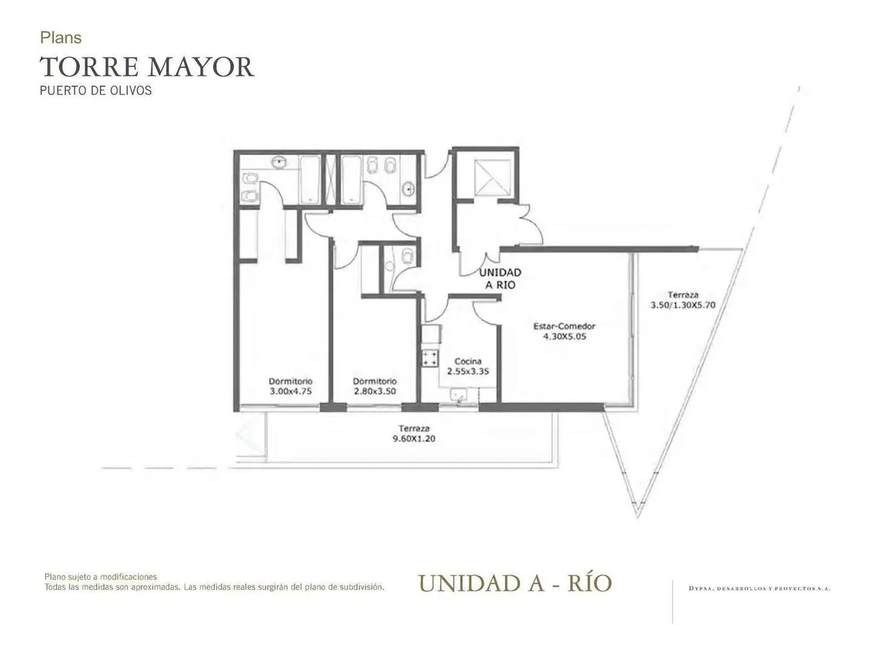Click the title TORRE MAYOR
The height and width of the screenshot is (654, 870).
click(x=147, y=67)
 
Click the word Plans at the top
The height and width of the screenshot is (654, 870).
click(x=61, y=38)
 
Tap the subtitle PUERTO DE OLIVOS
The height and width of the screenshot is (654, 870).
click(x=96, y=91)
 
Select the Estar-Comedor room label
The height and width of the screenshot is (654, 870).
click(x=564, y=326)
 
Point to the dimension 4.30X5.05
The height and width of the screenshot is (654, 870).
click(x=564, y=337)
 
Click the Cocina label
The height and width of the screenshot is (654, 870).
click(x=468, y=361)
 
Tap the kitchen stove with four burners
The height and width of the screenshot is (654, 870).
click(x=430, y=358)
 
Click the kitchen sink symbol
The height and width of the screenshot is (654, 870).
click(x=458, y=395)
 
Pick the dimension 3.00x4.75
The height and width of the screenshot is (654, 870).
click(x=291, y=391)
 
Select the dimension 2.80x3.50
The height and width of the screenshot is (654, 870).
click(x=375, y=391)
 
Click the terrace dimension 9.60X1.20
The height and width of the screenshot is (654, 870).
click(x=414, y=439)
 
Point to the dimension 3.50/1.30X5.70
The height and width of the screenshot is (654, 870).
click(x=682, y=305)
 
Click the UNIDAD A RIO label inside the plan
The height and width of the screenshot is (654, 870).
click(x=500, y=279)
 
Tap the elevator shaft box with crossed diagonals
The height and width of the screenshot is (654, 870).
click(x=493, y=177)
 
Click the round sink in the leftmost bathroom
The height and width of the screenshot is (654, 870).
click(x=280, y=162)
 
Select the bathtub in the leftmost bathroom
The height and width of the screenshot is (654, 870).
click(x=309, y=180)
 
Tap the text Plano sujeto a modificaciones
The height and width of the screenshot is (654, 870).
click(x=101, y=576)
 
